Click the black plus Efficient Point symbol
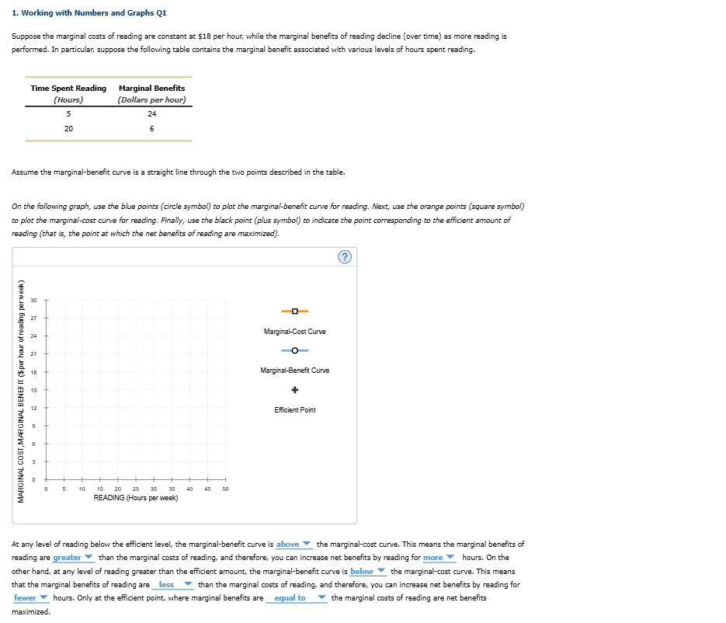(x=295, y=390)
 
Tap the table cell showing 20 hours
(x=68, y=129)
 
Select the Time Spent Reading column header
(x=68, y=89)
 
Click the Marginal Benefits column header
(x=151, y=89)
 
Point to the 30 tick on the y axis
(x=34, y=300)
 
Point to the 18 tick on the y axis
(x=34, y=371)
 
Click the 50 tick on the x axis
(x=225, y=489)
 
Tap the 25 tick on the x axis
(x=136, y=489)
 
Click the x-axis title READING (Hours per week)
(x=136, y=498)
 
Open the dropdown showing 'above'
(x=294, y=544)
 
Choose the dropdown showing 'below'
(x=367, y=571)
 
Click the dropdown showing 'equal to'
(x=296, y=597)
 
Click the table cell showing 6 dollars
(x=151, y=129)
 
